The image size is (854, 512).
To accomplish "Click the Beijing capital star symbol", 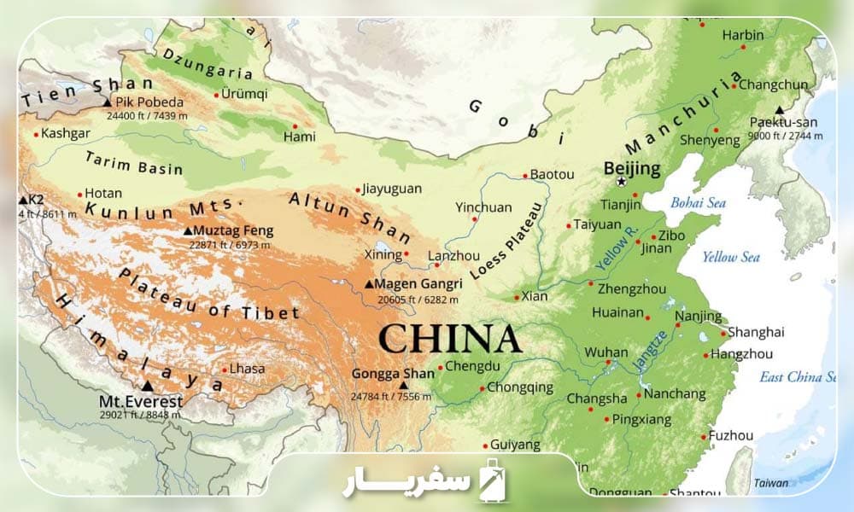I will [621, 182].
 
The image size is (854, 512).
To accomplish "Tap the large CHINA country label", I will [449, 339].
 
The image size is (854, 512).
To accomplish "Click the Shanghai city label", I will [757, 332].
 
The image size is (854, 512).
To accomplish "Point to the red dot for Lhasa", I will [225, 370].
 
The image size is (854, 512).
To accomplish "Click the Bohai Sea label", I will [698, 203].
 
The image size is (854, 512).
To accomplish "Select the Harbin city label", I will [743, 35].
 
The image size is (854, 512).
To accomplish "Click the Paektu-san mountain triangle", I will [779, 110].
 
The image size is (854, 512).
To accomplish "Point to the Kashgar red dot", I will [36, 134].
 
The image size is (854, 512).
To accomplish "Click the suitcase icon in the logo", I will [494, 479].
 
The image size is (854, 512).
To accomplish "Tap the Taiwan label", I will [770, 483].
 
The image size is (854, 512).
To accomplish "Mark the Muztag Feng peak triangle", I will [188, 230].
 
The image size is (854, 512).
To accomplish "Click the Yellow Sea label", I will [730, 257].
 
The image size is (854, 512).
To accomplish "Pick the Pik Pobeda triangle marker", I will [107, 102].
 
